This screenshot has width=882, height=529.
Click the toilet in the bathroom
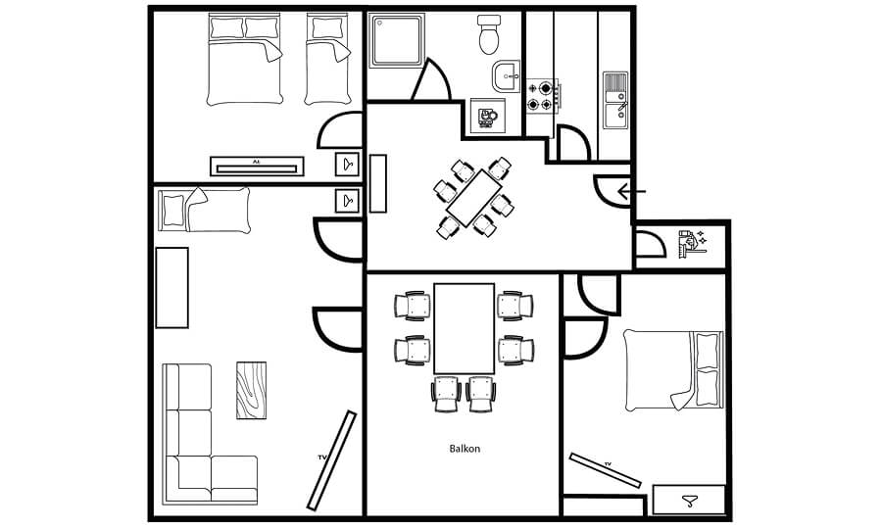coord(488,35)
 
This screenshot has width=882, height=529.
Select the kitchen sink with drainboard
coord(614,99)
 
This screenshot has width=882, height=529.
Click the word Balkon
coord(464,450)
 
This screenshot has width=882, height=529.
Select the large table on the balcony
coord(464,328)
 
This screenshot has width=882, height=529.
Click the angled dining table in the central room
coord(474,197)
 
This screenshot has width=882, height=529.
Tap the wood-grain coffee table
coord(251,390)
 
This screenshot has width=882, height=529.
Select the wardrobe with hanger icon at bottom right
coord(689,500)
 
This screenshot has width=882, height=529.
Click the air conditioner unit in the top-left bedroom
coord(255,167)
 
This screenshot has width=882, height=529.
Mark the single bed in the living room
coord(205,210)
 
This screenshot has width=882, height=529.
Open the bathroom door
coord(431,80)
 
